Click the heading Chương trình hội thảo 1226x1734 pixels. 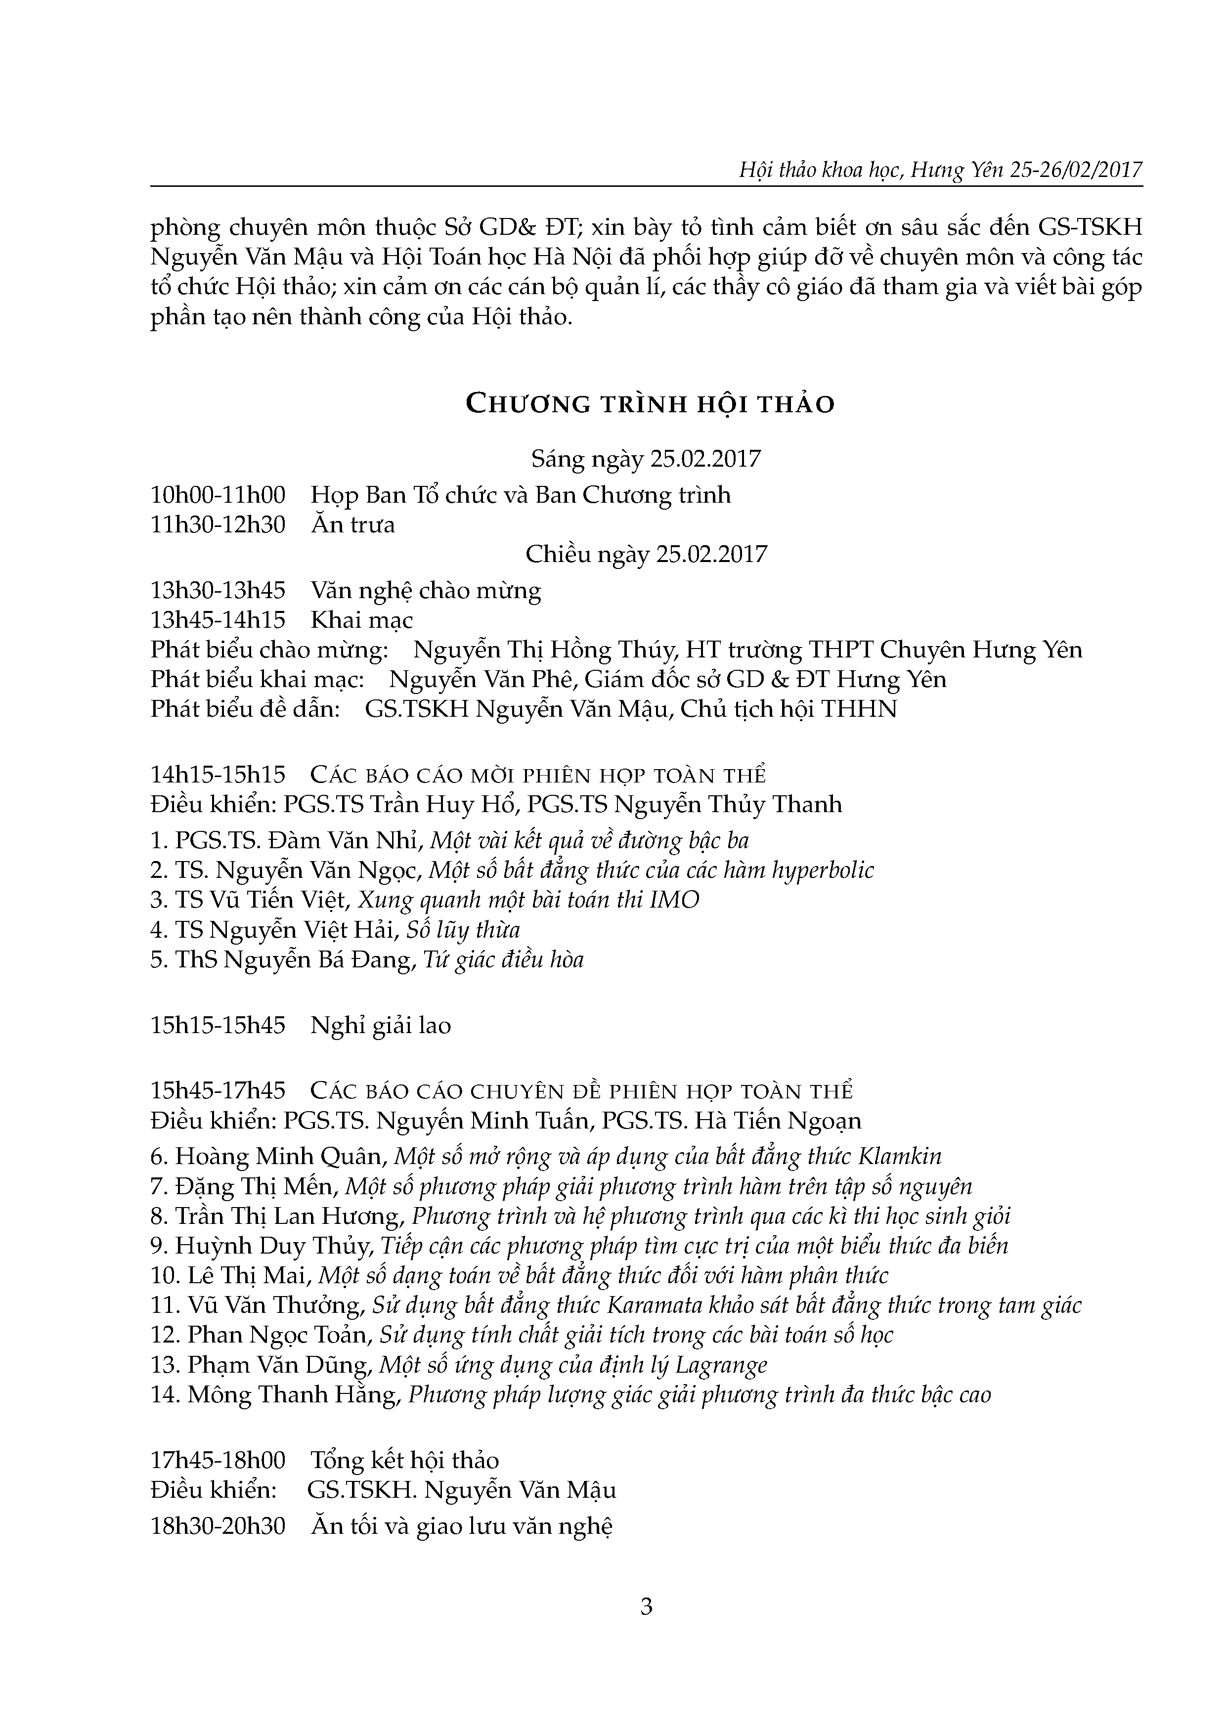[650, 405]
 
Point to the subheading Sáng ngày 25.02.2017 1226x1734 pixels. [646, 459]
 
